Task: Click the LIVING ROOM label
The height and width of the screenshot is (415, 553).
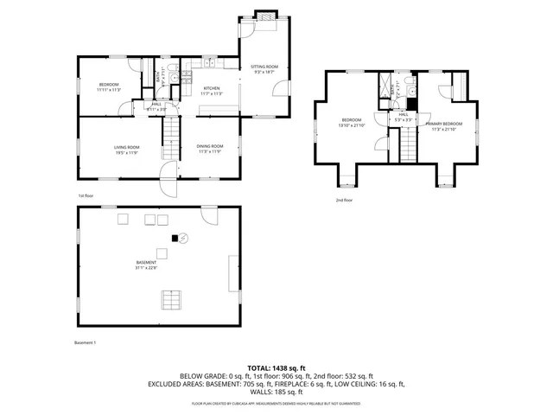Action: click(126, 148)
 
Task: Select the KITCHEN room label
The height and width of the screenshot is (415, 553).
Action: click(213, 89)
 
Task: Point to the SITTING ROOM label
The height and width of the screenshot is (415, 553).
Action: click(264, 67)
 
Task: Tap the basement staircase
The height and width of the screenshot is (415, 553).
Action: click(171, 300)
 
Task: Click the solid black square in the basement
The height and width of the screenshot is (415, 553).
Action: click(175, 237)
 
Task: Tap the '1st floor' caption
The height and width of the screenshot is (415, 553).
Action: click(86, 196)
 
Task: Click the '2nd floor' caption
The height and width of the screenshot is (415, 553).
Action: click(344, 201)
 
